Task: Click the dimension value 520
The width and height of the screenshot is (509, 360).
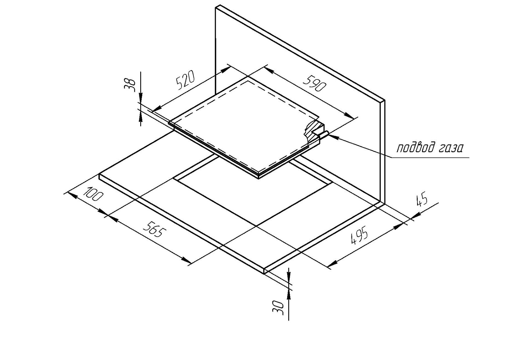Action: click(185, 80)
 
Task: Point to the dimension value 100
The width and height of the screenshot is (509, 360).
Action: click(93, 194)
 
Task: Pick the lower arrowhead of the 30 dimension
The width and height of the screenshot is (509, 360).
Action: click(289, 294)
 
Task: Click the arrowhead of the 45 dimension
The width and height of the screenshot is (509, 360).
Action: click(416, 215)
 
